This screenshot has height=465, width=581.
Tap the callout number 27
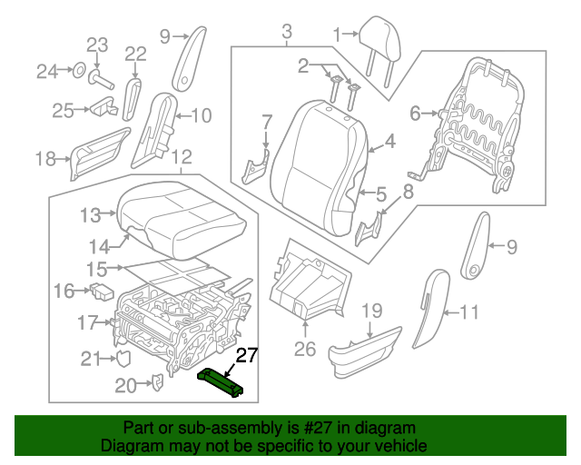[x=246, y=355]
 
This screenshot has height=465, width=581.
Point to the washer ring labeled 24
[x=79, y=69]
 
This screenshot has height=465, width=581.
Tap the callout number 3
[x=286, y=34]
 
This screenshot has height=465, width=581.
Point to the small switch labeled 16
[x=102, y=292]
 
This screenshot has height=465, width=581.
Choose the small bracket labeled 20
[x=155, y=385]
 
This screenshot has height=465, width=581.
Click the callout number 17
[x=87, y=322]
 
